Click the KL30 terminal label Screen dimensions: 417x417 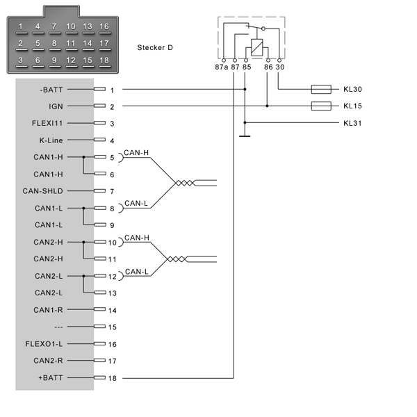352,89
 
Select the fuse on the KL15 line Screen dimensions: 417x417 321,106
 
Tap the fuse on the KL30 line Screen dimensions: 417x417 321,90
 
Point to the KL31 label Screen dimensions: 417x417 352,123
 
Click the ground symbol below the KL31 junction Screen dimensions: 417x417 245,136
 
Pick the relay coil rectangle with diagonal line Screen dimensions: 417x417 257,47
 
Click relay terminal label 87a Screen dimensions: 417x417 221,67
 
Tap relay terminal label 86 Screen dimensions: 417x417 268,67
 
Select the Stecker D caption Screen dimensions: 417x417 155,47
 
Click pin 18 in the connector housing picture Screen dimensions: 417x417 104,60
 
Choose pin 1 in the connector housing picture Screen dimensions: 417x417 21,26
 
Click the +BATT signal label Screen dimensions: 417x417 51,377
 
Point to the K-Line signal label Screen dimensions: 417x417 51,140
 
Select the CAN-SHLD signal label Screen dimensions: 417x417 43,191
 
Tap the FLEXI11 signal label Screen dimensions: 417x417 47,123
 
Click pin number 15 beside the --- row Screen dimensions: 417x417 112,327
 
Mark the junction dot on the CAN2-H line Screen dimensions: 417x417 83,242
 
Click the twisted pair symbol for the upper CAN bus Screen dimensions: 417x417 186,183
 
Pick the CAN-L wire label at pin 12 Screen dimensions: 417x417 136,272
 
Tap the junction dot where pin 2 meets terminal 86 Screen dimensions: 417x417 267,106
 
